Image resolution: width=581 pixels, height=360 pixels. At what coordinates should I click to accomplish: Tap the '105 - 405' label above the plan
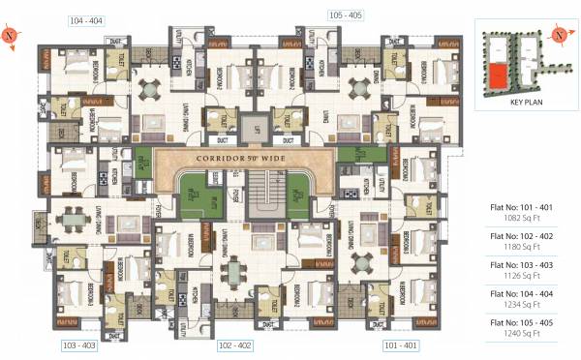coord(346,15)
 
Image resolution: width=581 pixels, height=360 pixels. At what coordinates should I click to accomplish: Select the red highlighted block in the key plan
coord(496,75)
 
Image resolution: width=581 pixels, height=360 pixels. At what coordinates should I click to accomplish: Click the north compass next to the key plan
coord(559,35)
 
